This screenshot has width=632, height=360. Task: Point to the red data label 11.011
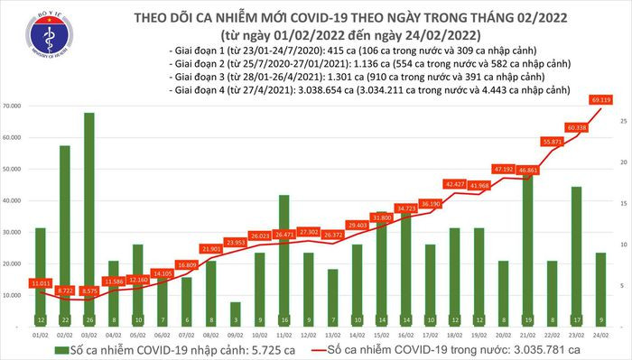[x=39, y=282]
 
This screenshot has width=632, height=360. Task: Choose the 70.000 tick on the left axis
[x=14, y=106]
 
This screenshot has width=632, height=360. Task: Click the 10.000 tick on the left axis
[x=14, y=295]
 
